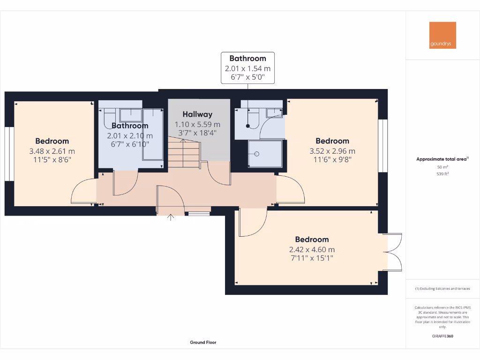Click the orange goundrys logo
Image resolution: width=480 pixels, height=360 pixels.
pos(442,35)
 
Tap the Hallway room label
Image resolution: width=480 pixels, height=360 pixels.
pos(197,114)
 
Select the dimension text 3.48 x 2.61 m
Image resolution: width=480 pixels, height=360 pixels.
pos(52,151)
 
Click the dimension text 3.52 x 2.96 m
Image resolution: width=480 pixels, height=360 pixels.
pos(332,151)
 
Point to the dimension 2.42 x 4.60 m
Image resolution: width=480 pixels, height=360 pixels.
pos(312,249)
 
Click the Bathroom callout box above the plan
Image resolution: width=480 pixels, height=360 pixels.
pos(247,68)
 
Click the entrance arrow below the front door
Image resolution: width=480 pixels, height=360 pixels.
pos(170,217)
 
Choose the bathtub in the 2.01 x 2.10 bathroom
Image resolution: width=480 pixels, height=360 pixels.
pos(153,134)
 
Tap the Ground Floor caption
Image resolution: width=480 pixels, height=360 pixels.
pos(203,343)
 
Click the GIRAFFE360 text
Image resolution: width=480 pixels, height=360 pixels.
pos(442,336)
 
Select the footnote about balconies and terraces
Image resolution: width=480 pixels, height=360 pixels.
pos(442,289)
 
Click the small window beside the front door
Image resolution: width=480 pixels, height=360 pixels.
pos(199,214)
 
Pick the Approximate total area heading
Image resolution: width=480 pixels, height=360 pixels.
pos(442,159)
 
